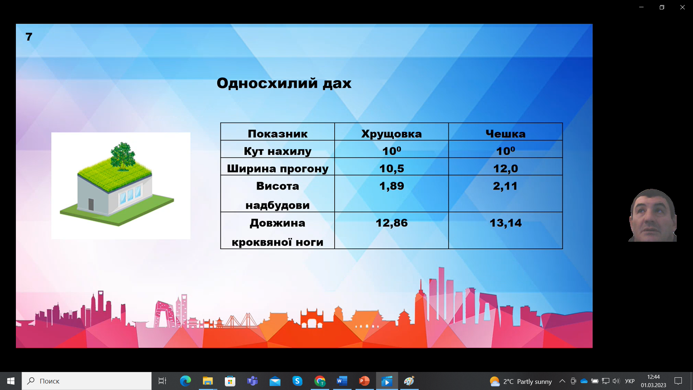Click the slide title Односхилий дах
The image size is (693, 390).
pyautogui.click(x=284, y=83)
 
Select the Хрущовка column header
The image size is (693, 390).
pyautogui.click(x=392, y=134)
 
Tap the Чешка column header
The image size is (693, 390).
pyautogui.click(x=505, y=134)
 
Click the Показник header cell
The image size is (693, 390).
pyautogui.click(x=278, y=134)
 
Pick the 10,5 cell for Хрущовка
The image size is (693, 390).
pyautogui.click(x=392, y=168)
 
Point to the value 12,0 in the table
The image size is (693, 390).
pyautogui.click(x=505, y=168)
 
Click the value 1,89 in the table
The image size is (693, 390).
pyautogui.click(x=392, y=186)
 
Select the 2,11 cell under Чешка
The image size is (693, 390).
pyautogui.click(x=505, y=186)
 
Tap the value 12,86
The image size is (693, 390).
pyautogui.click(x=392, y=223)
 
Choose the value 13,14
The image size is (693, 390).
pyautogui.click(x=505, y=223)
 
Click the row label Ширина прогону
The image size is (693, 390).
pyautogui.click(x=278, y=169)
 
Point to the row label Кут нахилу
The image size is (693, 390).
pyautogui.click(x=278, y=151)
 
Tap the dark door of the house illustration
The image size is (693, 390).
pyautogui.click(x=91, y=204)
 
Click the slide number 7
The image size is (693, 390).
pyautogui.click(x=29, y=37)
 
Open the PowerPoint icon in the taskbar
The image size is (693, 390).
pyautogui.click(x=364, y=381)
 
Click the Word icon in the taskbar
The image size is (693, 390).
pyautogui.click(x=342, y=381)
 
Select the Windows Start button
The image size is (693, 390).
pyautogui.click(x=11, y=381)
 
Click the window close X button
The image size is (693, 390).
pyautogui.click(x=682, y=7)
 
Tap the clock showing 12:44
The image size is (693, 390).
pyautogui.click(x=653, y=377)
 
